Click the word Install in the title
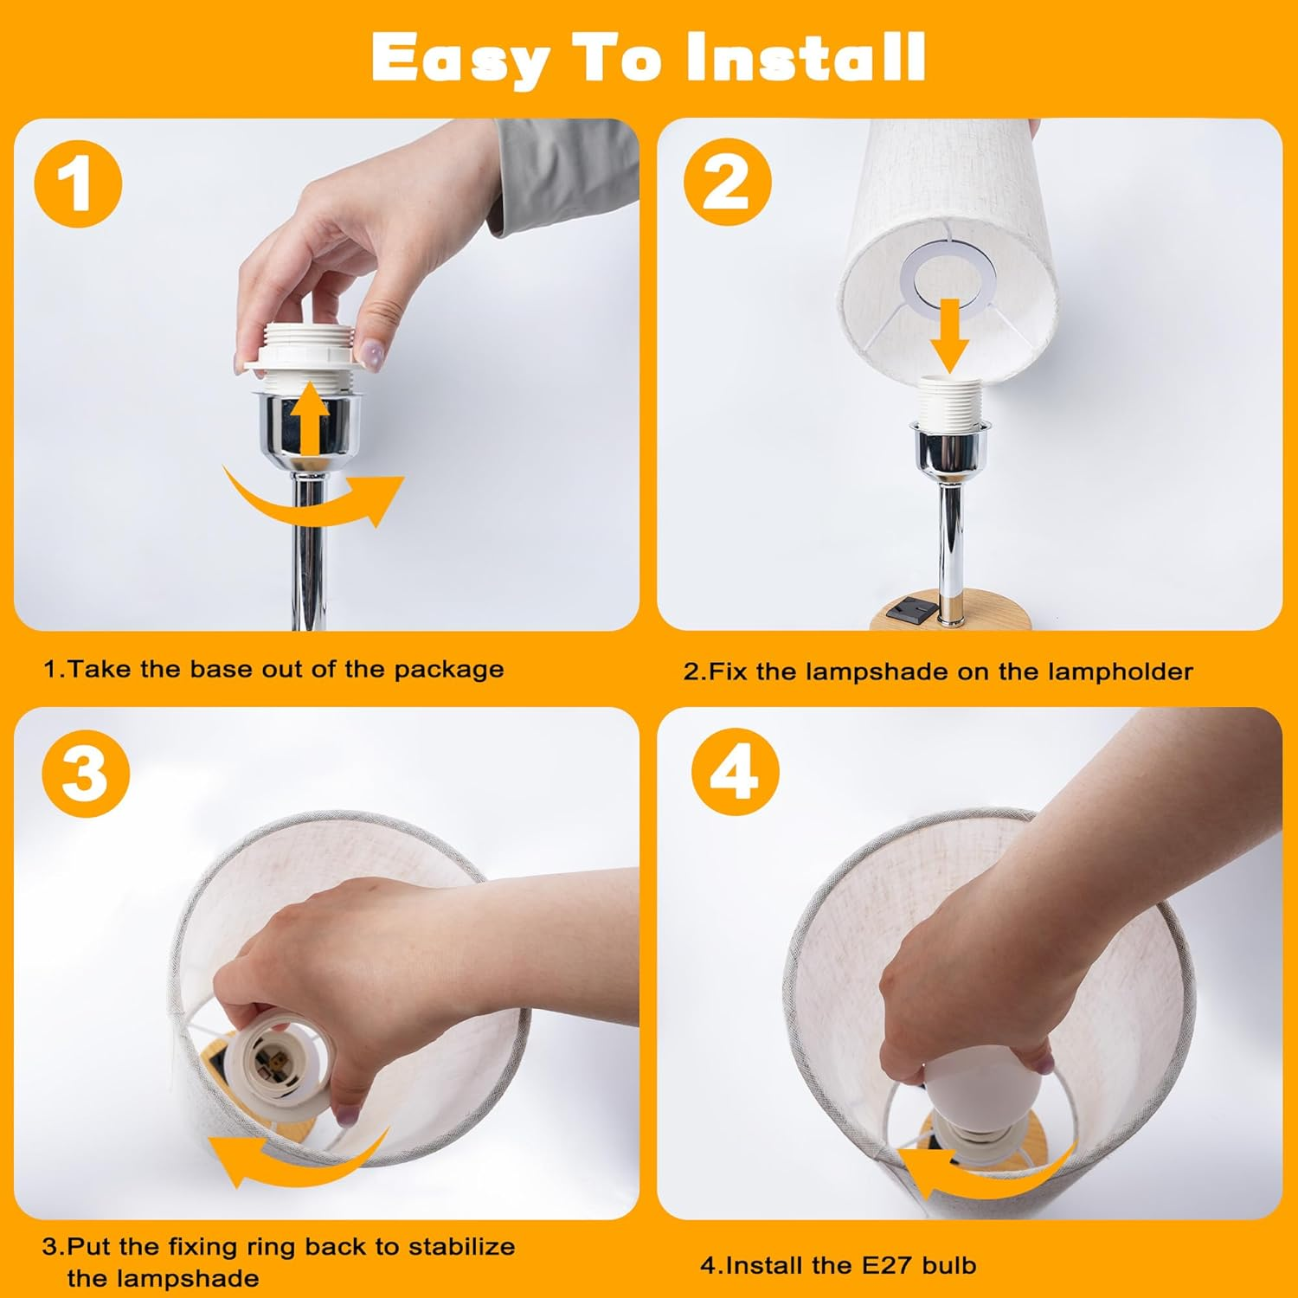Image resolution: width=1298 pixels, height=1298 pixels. pos(805,57)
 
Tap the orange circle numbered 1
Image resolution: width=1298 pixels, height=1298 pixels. pos(78,184)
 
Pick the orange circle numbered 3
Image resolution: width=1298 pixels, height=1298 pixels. pos(85,773)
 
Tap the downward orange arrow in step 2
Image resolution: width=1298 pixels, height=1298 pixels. pos(949,335)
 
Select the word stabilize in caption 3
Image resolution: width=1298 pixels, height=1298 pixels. pos(462,1247)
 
